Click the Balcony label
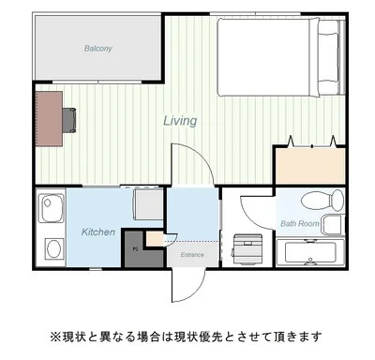pyautogui.click(x=97, y=48)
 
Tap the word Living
pyautogui.click(x=180, y=120)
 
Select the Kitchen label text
pyautogui.click(x=98, y=232)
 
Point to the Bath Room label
pyautogui.click(x=301, y=224)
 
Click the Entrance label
pyautogui.click(x=192, y=254)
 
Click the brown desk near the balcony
pyautogui.click(x=49, y=118)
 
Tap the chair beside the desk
pyautogui.click(x=71, y=118)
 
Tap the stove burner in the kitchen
pyautogui.click(x=52, y=248)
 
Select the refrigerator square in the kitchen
pyautogui.click(x=147, y=203)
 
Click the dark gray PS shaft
pyautogui.click(x=137, y=249)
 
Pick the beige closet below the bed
pyautogui.click(x=308, y=167)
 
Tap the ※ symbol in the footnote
pyautogui.click(x=55, y=336)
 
